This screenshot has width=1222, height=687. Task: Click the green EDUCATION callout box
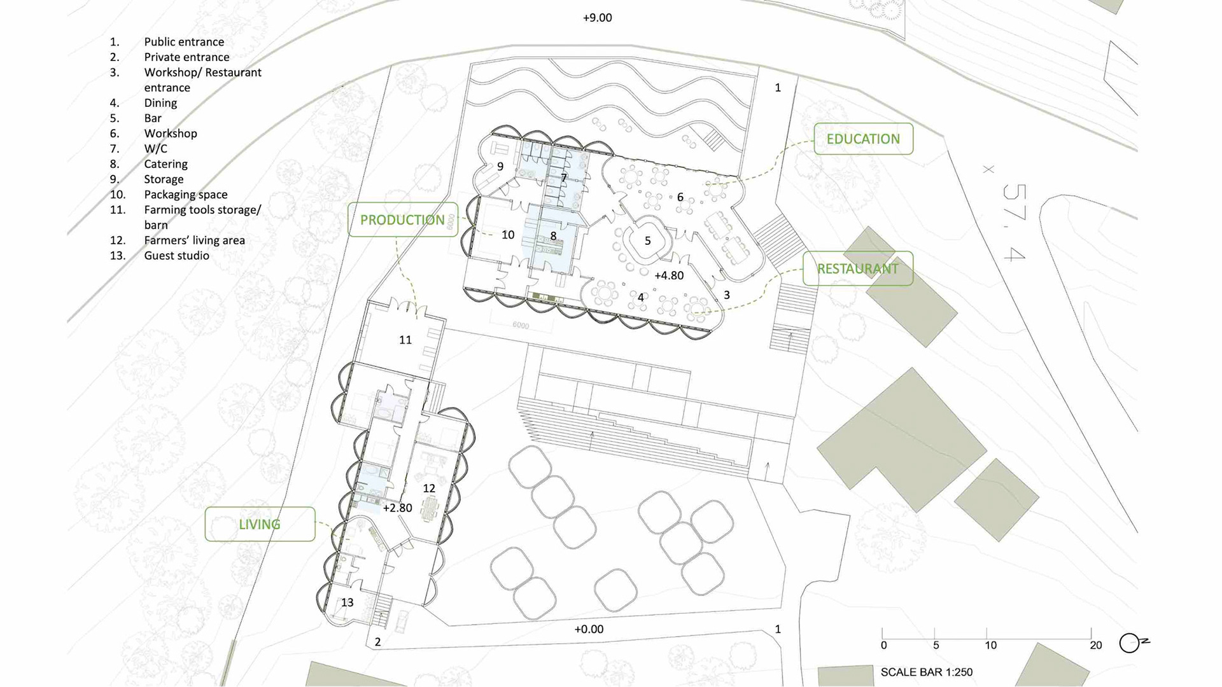click(863, 139)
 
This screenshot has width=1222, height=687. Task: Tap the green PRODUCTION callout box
click(403, 219)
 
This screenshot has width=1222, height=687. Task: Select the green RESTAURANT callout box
click(858, 268)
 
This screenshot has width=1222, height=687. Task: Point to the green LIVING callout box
click(260, 524)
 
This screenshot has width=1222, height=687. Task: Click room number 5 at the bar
click(648, 240)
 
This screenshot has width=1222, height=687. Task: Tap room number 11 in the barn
click(405, 340)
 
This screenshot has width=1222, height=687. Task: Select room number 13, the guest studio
click(347, 602)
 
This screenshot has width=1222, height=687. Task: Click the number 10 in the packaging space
click(508, 235)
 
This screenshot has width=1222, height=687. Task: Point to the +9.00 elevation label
click(597, 18)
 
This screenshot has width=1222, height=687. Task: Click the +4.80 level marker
click(669, 275)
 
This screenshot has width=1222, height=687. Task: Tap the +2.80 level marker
click(397, 508)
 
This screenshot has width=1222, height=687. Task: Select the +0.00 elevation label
click(589, 629)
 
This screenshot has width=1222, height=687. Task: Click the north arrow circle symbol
click(1129, 644)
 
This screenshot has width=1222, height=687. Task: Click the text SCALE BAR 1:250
click(927, 672)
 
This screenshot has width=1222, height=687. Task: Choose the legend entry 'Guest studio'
click(176, 256)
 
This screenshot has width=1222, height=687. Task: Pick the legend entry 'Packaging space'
click(186, 195)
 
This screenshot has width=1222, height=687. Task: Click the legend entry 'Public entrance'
click(184, 42)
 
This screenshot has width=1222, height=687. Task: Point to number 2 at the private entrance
click(377, 642)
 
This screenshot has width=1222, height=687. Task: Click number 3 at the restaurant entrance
click(727, 295)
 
